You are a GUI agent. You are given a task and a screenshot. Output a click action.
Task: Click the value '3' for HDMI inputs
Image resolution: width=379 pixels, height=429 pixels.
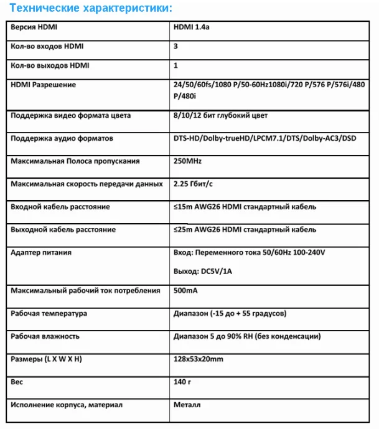pyautogui.click(x=176, y=47)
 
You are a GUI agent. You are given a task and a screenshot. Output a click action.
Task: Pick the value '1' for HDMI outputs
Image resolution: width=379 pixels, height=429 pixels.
pyautogui.click(x=176, y=65)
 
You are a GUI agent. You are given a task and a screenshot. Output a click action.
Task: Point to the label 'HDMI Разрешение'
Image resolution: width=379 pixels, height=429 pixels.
pyautogui.click(x=44, y=85)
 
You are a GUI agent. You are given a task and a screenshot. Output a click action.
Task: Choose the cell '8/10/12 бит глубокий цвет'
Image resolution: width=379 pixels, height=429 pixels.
pyautogui.click(x=220, y=116)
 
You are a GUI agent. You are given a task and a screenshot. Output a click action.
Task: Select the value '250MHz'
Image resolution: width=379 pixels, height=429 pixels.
pyautogui.click(x=188, y=161)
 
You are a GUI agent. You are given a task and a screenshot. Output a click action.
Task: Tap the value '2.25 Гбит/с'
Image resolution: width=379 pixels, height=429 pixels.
pyautogui.click(x=194, y=184)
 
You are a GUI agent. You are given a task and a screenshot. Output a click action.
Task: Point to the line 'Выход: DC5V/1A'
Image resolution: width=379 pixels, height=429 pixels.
pyautogui.click(x=203, y=271)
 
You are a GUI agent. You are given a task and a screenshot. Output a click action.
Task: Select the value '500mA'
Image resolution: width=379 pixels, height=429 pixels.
pyautogui.click(x=187, y=291)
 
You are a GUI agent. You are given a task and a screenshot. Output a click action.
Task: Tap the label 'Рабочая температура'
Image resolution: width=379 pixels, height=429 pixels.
pyautogui.click(x=49, y=313)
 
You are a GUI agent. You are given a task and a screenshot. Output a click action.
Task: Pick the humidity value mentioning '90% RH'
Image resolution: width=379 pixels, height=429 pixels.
pyautogui.click(x=247, y=336)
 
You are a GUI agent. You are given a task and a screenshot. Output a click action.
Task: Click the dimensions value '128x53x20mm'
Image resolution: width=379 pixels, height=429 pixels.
pyautogui.click(x=199, y=359)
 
